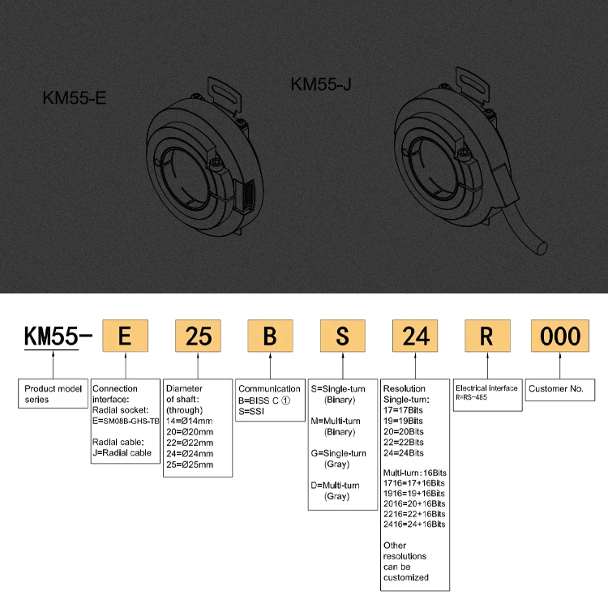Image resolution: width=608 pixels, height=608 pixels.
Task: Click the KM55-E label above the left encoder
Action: point(75,99)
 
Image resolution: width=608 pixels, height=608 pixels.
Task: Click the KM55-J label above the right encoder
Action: point(321,83)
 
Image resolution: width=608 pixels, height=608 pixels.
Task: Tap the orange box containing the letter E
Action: point(125,336)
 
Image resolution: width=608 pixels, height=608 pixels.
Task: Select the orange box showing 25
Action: point(198,336)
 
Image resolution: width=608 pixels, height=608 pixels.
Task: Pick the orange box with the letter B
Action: point(270,336)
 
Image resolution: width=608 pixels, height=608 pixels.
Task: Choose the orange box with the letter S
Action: point(344,336)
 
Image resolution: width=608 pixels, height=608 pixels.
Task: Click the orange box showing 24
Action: point(416,336)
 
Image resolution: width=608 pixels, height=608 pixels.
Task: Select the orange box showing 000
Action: point(560,336)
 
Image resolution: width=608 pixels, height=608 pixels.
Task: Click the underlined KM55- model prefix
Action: point(53,336)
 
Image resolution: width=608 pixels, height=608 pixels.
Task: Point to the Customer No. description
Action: point(556,389)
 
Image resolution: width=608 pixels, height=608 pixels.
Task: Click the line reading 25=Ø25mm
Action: point(189,464)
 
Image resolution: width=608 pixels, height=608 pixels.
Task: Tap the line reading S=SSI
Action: point(252,411)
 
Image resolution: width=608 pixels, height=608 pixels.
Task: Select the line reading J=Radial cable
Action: point(123,452)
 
